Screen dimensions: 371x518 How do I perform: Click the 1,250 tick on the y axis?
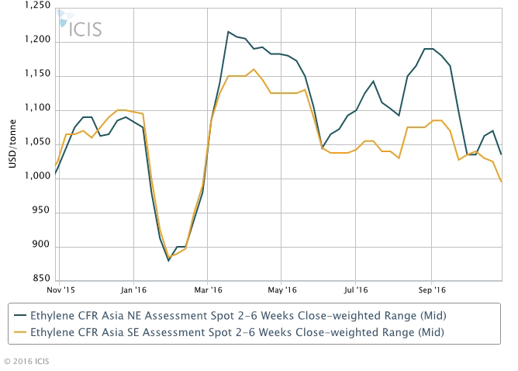(x=37, y=6)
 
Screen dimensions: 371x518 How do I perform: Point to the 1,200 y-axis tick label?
(x=37, y=40)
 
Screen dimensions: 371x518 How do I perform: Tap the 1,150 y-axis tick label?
(x=37, y=75)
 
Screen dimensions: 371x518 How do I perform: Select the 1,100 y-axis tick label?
(x=37, y=109)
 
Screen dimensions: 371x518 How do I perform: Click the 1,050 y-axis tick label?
(x=37, y=144)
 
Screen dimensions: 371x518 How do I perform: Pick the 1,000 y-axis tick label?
(x=37, y=178)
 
